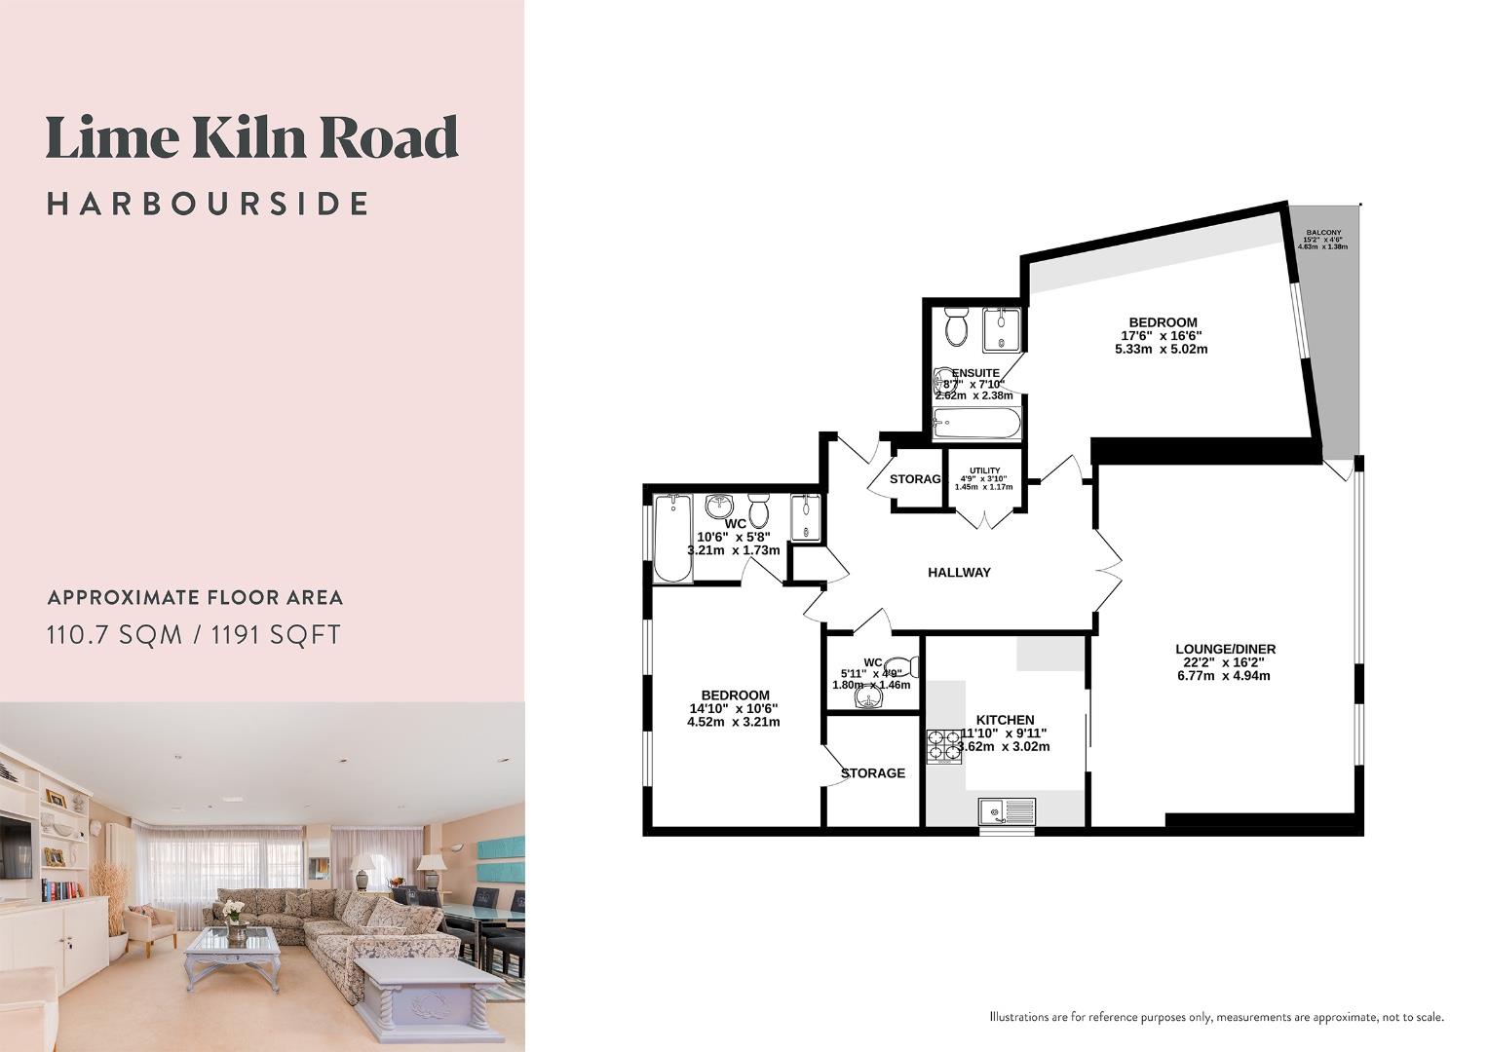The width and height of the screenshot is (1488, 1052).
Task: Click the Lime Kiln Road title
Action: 251,138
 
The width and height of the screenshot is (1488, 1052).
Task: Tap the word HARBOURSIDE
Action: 209,204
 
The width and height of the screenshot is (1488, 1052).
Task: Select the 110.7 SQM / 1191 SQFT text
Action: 194,635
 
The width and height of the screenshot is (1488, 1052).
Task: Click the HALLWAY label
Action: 959,573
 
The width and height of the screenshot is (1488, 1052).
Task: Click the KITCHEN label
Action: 1005,720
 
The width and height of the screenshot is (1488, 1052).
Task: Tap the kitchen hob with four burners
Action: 943,745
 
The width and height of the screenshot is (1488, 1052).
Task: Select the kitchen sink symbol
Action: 1007,811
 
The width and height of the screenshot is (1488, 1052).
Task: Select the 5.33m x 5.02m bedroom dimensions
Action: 1162,349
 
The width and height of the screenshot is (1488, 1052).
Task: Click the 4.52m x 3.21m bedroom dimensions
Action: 734,722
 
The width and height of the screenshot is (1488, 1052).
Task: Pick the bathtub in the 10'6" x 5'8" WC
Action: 672,539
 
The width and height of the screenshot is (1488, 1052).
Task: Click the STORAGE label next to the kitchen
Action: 872,773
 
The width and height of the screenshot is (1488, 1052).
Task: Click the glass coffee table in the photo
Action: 233,941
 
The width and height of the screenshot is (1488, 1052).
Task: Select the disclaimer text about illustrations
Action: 1216,1017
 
